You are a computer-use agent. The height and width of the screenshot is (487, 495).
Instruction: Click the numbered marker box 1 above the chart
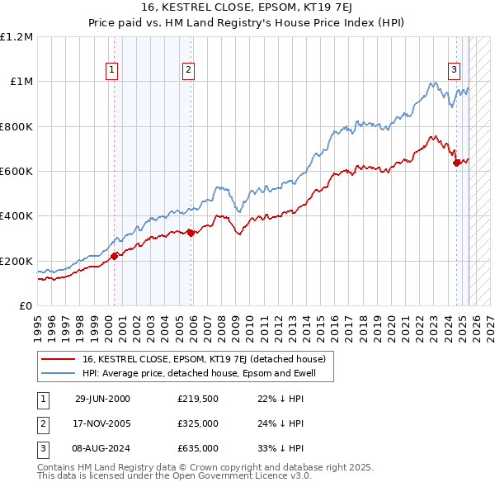tap(111, 70)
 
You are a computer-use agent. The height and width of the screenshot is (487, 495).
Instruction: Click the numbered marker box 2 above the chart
tap(189, 70)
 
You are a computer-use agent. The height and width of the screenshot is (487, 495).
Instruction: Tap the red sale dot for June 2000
tap(115, 256)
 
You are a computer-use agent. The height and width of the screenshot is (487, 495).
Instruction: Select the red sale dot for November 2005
tap(191, 233)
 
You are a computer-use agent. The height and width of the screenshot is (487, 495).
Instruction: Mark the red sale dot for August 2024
tap(456, 163)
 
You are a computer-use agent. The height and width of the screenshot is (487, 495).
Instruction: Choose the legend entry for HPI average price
tap(206, 374)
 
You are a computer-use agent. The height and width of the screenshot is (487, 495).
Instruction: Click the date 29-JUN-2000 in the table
tap(102, 399)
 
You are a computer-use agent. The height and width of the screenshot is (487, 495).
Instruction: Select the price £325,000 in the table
tap(198, 423)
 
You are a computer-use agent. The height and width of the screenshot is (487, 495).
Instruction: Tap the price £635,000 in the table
tap(198, 448)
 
